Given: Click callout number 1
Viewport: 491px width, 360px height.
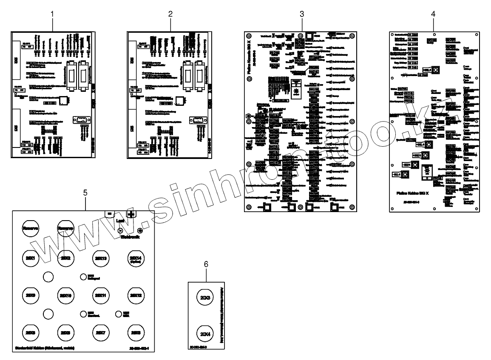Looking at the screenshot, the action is click(53, 14).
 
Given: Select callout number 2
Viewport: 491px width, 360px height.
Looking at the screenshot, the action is click(170, 14).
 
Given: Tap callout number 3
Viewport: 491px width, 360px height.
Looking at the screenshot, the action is click(301, 14).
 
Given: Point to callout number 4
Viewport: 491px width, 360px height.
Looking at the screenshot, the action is click(433, 14).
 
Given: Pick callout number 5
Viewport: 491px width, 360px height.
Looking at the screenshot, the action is click(85, 193).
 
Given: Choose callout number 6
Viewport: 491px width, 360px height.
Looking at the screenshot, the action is click(206, 264).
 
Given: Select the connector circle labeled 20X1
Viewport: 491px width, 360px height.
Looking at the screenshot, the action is click(30, 258).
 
